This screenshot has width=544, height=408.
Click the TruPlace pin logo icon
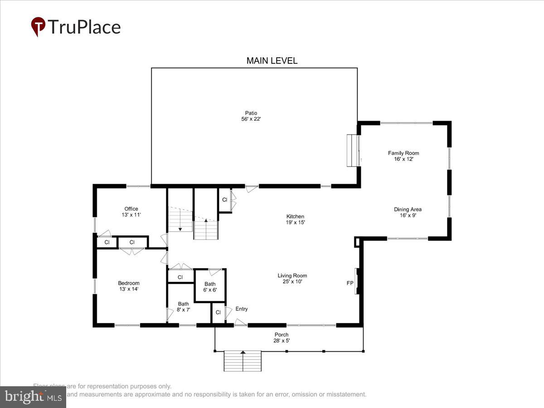[x=38, y=26]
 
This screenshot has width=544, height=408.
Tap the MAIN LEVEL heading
[x=272, y=61]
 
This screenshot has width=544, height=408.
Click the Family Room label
[x=403, y=156]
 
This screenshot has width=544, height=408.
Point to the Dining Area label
[x=408, y=212]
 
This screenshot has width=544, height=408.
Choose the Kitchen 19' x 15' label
[x=295, y=219]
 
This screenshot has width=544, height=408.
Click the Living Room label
[x=292, y=278]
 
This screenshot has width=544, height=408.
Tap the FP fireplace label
[x=350, y=283]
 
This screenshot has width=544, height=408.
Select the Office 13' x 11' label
[x=131, y=212]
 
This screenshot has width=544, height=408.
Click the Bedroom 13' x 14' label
[x=129, y=286]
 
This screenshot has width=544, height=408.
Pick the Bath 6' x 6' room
[x=210, y=286]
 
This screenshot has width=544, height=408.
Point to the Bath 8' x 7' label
[x=183, y=307]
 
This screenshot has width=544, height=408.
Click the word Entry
[x=242, y=309]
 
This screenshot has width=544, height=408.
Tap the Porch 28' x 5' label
[x=281, y=338]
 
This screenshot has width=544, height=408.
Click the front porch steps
[x=243, y=361]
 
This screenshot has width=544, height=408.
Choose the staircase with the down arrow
[x=180, y=219]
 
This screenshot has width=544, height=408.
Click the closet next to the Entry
[x=218, y=313]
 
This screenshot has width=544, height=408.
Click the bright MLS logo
[x=33, y=397]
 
